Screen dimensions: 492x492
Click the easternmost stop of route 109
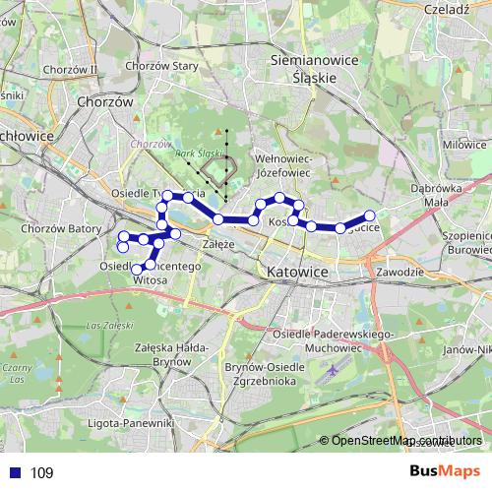coord(370,215)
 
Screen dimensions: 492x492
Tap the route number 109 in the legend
coord(41,473)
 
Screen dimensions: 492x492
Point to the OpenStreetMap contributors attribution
coord(406,440)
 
